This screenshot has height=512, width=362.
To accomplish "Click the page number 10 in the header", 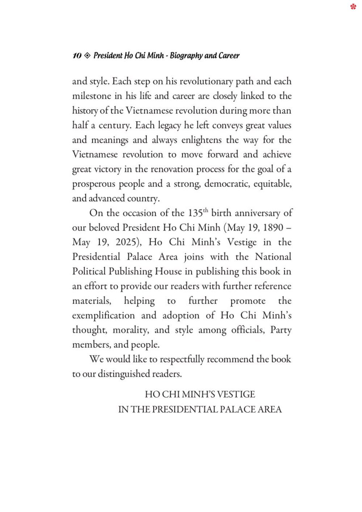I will [77, 56].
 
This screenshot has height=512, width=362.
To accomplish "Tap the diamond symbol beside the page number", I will [87, 56].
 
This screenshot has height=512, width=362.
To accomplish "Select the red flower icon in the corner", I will [353, 7].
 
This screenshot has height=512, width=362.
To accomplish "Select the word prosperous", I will [94, 184].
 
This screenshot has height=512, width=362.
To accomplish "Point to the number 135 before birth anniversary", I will [195, 213].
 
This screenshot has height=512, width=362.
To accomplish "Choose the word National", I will [273, 257].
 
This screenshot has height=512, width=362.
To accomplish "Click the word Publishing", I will [130, 272].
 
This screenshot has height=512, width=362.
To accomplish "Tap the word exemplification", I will [104, 316].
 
